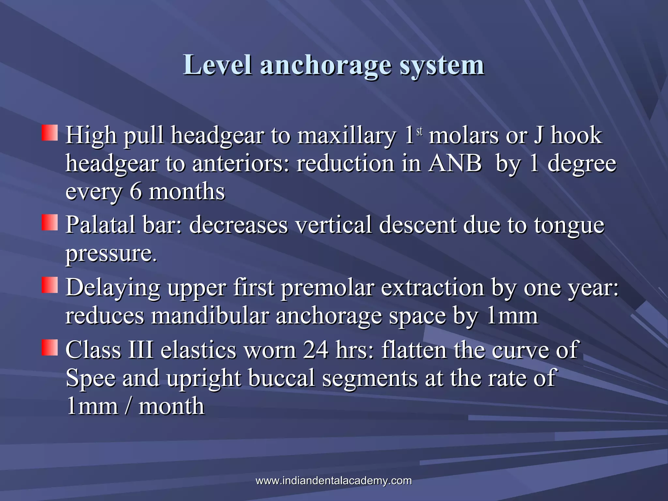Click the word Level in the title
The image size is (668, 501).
217,65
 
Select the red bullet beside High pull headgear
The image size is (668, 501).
50,133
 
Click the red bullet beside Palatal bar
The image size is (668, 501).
50,222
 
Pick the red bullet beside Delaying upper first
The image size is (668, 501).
50,285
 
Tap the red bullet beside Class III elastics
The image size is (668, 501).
50,347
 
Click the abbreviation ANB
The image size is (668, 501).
455,163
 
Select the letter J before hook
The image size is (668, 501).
538,135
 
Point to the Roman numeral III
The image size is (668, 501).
141,350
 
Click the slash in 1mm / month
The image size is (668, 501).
128,406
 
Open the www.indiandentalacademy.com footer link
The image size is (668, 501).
334,480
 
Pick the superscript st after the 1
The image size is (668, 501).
419,131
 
